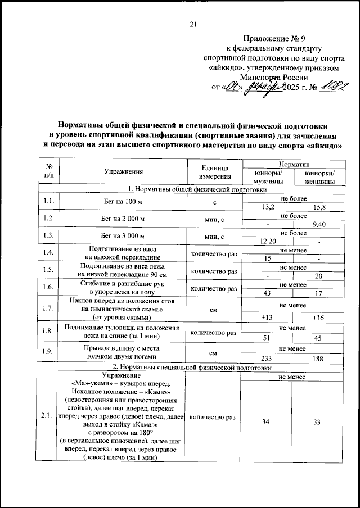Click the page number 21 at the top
click(x=193, y=24)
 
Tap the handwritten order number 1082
click(x=325, y=88)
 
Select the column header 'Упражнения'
click(x=123, y=173)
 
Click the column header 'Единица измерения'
click(x=214, y=173)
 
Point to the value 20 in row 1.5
click(x=318, y=275)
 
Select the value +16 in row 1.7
click(x=318, y=317)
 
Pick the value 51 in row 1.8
click(x=268, y=338)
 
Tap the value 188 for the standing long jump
click(x=318, y=359)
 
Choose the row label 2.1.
click(x=47, y=416)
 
